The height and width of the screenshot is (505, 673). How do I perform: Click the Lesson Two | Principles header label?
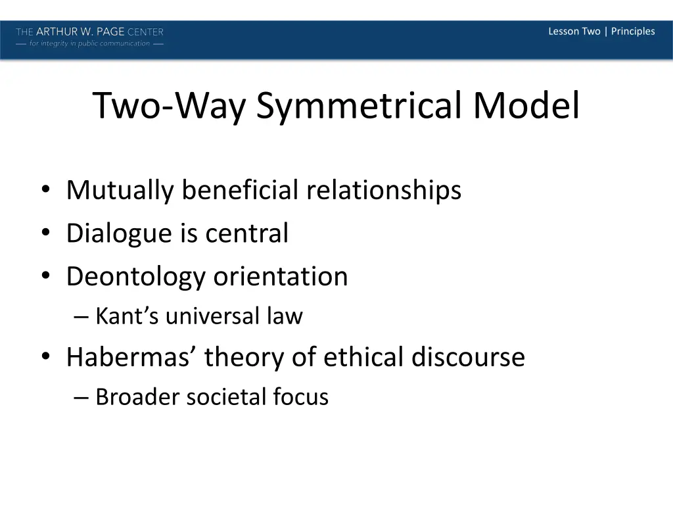click(x=601, y=32)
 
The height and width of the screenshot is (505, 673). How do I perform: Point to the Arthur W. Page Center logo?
click(x=90, y=32)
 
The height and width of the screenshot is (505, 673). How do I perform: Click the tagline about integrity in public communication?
click(x=90, y=44)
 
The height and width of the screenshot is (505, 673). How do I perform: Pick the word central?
click(x=246, y=233)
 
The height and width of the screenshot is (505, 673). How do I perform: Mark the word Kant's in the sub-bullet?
click(x=127, y=316)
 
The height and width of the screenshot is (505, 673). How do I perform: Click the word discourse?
click(x=468, y=357)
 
